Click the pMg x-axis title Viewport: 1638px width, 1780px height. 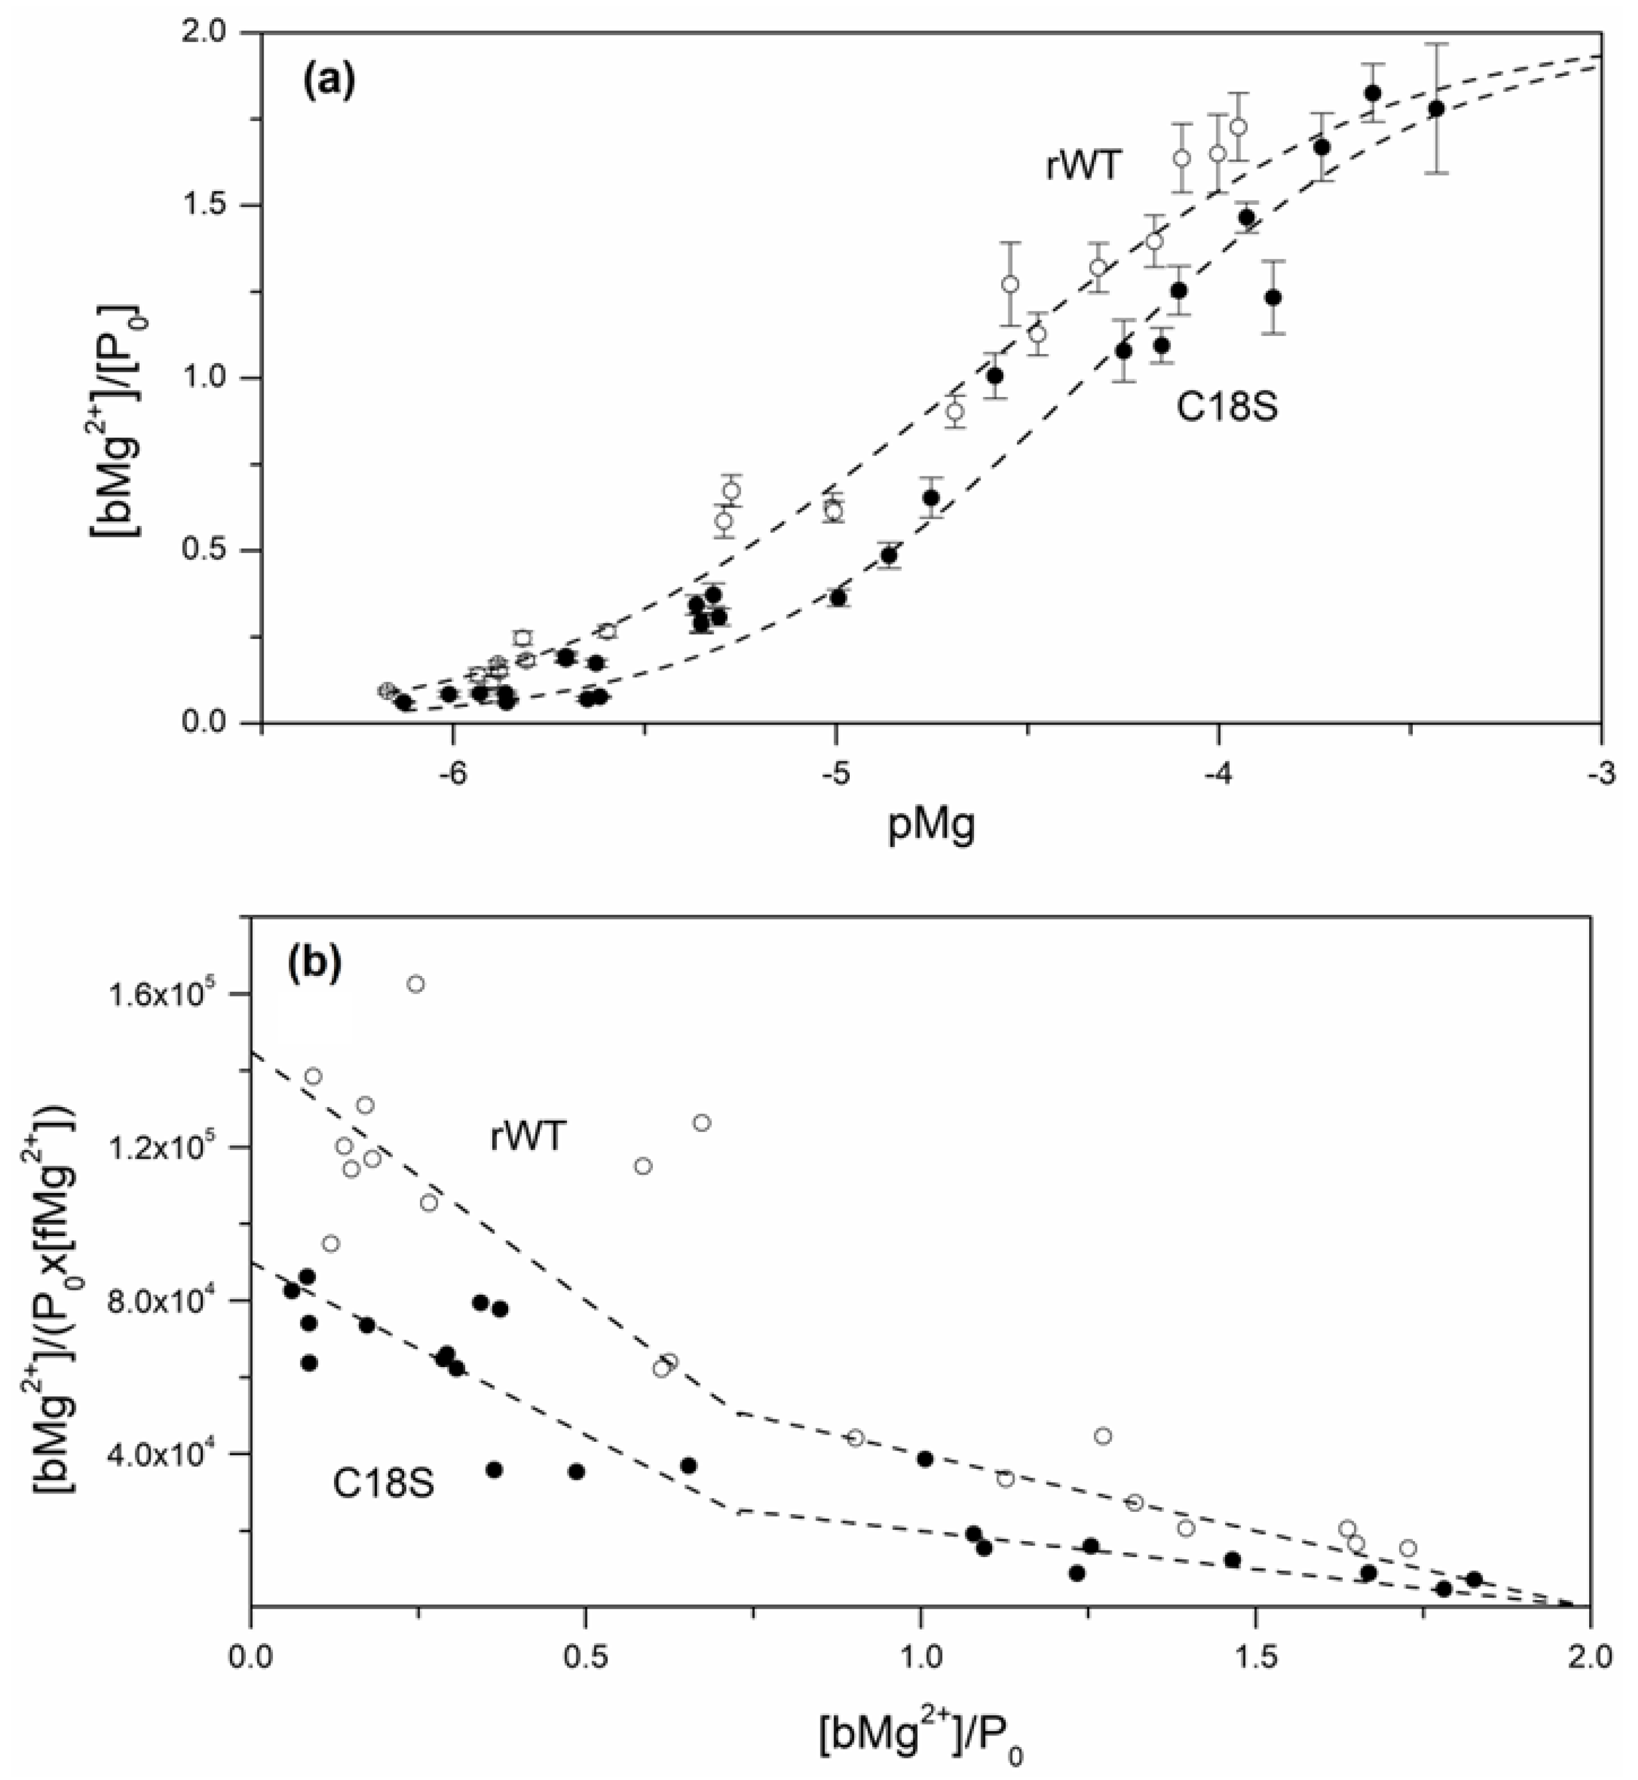930,829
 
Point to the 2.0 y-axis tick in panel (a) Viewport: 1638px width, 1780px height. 210,33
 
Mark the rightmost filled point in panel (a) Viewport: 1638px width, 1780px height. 1437,109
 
